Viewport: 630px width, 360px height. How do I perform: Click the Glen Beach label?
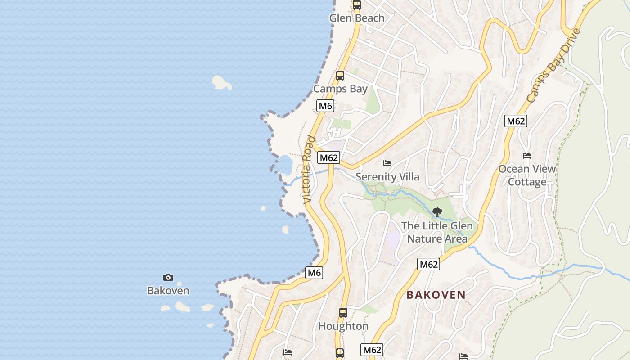pos(357,18)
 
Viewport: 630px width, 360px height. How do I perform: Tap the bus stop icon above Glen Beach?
pos(357,5)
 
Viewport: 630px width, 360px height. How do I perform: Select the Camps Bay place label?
pos(340,89)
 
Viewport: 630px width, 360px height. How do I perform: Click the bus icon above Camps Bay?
pos(340,76)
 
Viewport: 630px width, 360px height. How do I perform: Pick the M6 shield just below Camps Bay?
pos(325,106)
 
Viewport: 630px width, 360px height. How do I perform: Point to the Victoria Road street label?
pos(308,169)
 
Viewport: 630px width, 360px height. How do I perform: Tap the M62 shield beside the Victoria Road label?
pos(328,158)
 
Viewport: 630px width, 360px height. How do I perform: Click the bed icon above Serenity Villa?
pos(387,163)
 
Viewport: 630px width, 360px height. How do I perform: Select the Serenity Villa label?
pos(387,176)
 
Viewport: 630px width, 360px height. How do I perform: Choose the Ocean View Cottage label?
pos(527,175)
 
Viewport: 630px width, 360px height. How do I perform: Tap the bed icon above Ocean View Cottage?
pos(527,156)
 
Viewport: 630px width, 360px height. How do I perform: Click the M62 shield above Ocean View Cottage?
pos(516,121)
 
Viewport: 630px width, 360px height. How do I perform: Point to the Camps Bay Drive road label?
pos(554,66)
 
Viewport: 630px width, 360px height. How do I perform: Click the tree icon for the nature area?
pos(437,212)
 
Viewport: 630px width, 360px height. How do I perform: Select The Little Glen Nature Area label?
pos(437,232)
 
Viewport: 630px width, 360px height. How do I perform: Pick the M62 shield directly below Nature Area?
pos(428,265)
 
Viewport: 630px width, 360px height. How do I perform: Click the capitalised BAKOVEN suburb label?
pos(436,295)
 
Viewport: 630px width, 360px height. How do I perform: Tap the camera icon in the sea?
pos(168,278)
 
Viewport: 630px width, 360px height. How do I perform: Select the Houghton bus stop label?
pos(343,326)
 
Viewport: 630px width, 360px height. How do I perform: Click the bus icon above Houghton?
pos(343,312)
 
